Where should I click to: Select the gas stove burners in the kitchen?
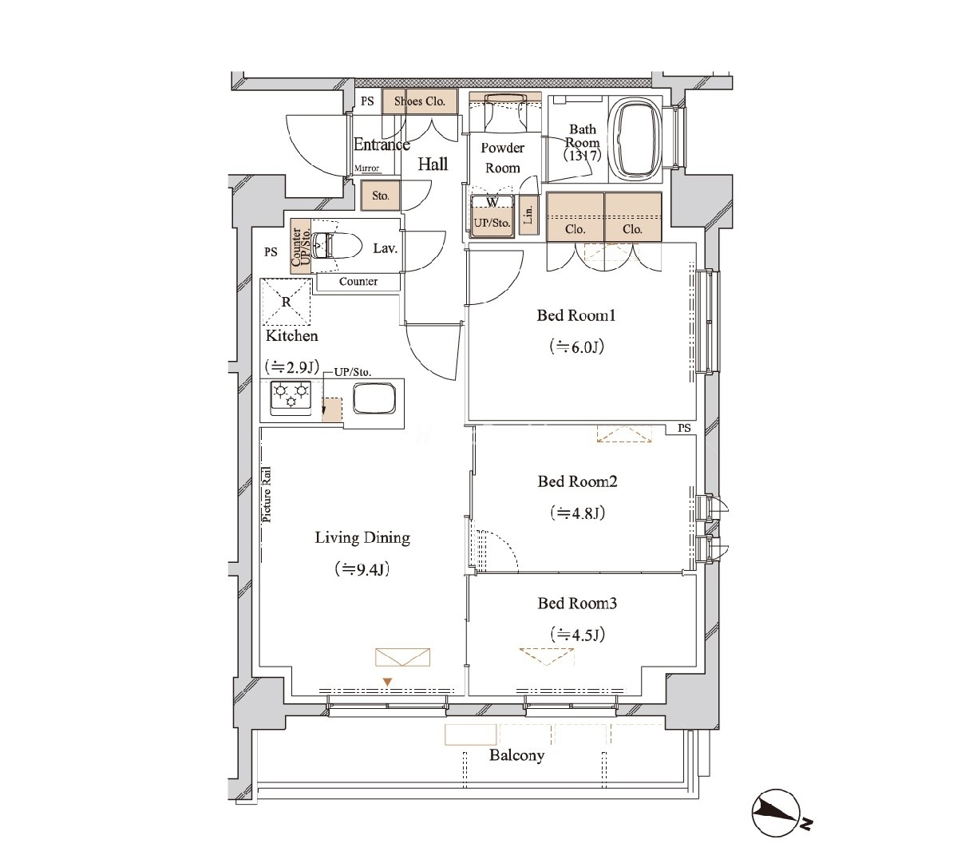(x=290, y=397)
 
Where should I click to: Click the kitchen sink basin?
(x=374, y=398)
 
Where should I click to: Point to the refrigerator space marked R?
(x=285, y=302)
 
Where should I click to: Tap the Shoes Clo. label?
(x=419, y=101)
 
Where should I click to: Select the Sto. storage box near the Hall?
(x=381, y=196)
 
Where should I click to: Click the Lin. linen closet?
(x=528, y=216)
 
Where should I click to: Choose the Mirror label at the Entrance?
(x=366, y=168)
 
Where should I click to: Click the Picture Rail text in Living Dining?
(x=267, y=494)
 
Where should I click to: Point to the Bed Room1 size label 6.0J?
(x=577, y=347)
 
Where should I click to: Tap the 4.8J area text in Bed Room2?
(x=577, y=513)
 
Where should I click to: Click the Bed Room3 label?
(x=577, y=603)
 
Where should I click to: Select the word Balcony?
(x=516, y=755)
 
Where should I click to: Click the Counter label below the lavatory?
(x=358, y=281)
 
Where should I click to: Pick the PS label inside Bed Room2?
(x=684, y=428)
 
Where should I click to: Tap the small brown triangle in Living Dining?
(x=387, y=683)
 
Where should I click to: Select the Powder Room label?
(x=503, y=158)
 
